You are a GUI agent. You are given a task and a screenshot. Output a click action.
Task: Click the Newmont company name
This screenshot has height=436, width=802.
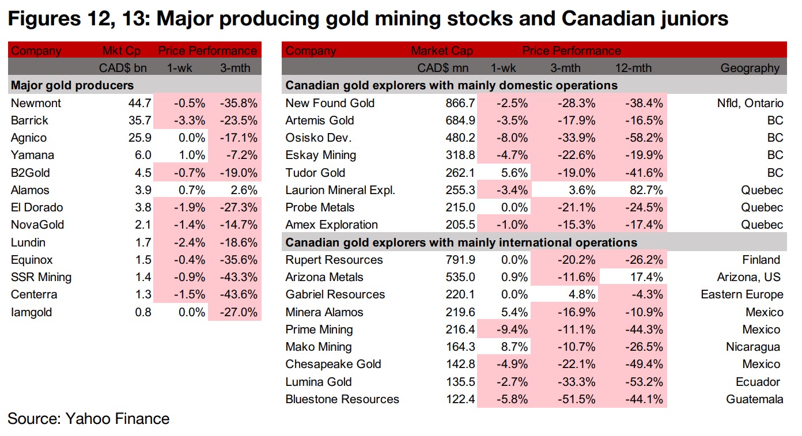[x=36, y=103]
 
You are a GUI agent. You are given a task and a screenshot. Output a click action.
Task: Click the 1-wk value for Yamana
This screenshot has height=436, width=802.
[x=192, y=156]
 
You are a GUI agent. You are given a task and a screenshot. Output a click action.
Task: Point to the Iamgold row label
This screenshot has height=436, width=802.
[x=31, y=312]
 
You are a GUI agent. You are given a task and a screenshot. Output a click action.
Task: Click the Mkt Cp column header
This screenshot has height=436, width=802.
[x=121, y=51]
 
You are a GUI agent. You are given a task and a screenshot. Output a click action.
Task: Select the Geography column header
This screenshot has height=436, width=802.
[x=750, y=68]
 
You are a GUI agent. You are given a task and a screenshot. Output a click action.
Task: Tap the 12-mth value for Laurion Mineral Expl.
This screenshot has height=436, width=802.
[x=645, y=190]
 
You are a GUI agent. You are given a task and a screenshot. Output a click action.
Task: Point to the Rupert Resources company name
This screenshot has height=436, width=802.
[x=334, y=260]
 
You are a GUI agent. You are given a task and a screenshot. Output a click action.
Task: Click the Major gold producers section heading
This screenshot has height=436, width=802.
[x=73, y=86]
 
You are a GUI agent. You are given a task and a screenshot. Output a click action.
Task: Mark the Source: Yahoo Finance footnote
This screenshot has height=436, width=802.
[x=89, y=419]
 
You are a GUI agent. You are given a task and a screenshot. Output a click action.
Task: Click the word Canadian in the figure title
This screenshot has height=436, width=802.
[x=605, y=19]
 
